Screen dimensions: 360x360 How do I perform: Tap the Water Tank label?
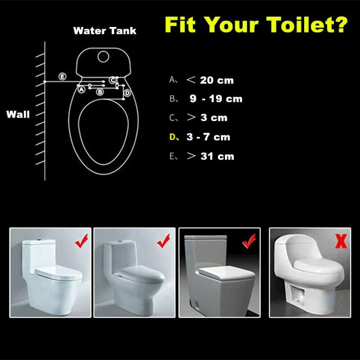104,31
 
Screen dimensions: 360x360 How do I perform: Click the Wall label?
18,114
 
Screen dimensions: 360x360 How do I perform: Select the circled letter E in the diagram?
63,76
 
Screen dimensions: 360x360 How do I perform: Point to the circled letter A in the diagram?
81,90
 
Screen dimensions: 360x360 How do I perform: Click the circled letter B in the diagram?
100,92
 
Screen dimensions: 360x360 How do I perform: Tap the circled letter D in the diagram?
127,93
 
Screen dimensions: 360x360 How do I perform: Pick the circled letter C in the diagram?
113,80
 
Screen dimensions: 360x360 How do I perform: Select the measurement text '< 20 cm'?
210,80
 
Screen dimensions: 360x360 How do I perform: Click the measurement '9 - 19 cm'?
216,99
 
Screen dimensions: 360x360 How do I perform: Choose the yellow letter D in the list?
173,137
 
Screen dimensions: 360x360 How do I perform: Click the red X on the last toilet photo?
341,241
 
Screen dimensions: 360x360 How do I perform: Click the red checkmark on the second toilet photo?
163,243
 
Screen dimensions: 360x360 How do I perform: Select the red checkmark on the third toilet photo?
248,243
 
